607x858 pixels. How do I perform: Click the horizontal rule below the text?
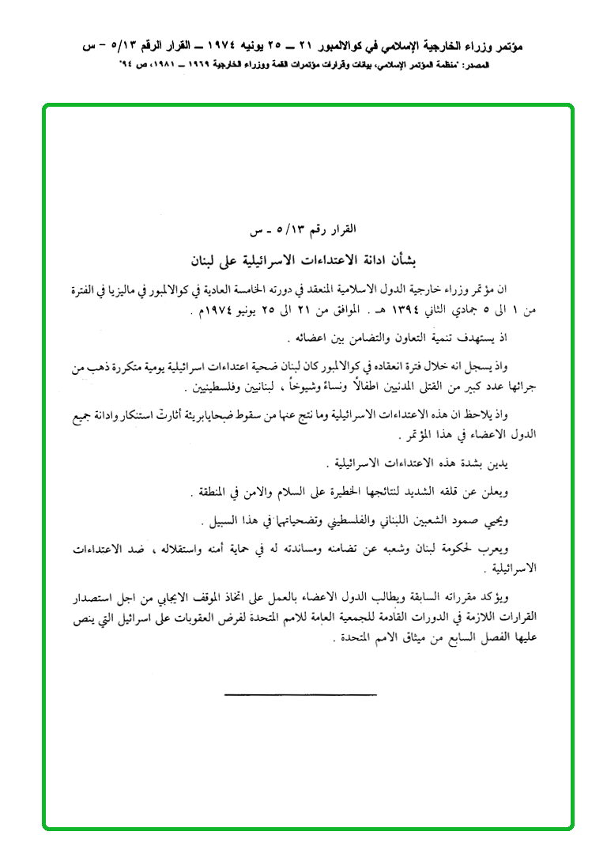click(300, 695)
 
